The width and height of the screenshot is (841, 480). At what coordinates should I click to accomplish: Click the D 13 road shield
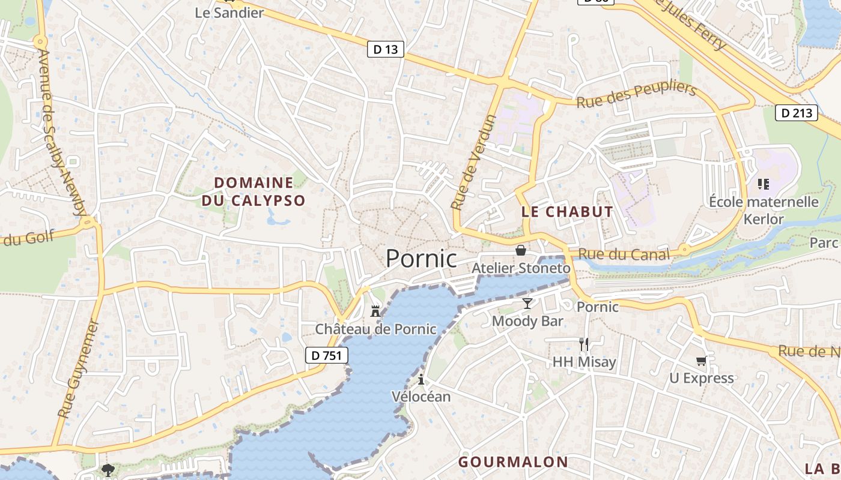[x=385, y=49]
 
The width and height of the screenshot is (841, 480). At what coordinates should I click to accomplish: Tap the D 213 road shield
[x=797, y=112]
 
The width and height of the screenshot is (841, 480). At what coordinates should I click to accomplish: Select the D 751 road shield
[x=327, y=355]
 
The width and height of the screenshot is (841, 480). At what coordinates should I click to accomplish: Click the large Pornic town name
[x=421, y=258]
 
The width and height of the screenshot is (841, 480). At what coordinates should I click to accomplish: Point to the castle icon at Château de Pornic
[x=375, y=311]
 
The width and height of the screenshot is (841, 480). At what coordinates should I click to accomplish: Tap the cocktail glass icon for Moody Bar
[x=527, y=304]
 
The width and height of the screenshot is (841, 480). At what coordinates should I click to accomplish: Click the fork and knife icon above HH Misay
[x=584, y=344]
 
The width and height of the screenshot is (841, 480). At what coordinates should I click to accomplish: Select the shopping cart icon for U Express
[x=701, y=361]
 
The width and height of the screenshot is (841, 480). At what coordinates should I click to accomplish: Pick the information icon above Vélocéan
[x=421, y=379]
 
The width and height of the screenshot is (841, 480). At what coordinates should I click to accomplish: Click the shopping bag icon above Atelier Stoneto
[x=520, y=250]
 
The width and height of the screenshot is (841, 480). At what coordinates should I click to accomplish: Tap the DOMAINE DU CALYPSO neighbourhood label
[x=254, y=191]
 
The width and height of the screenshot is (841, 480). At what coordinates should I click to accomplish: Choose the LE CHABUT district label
[x=567, y=211]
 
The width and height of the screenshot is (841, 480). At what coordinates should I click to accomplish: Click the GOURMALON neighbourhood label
[x=513, y=461]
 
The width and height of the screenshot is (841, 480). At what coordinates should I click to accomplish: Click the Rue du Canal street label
[x=624, y=254]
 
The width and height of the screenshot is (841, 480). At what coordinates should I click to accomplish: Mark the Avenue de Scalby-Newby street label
[x=62, y=132]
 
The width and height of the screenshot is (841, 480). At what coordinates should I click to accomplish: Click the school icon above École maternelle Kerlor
[x=764, y=184]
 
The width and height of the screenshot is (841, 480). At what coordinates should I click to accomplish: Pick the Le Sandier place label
[x=229, y=12]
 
